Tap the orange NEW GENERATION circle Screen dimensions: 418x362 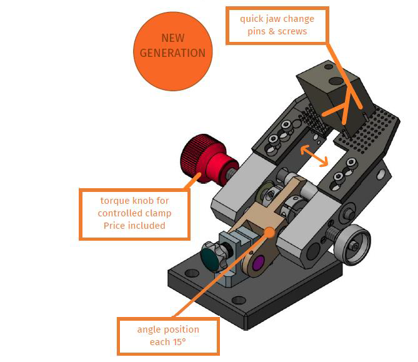[172, 51]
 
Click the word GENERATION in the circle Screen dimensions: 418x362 [172, 53]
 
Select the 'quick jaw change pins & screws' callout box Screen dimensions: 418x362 [277, 26]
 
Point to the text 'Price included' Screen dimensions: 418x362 [134, 226]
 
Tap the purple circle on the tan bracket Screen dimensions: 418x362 [257, 263]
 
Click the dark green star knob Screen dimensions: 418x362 [212, 256]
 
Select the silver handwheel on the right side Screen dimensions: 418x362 [352, 244]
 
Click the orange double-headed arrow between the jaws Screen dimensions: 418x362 [314, 156]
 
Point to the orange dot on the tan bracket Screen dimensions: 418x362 [270, 233]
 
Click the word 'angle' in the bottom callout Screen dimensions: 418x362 [147, 330]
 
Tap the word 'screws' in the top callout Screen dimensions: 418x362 [292, 31]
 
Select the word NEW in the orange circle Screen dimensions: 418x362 [172, 38]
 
